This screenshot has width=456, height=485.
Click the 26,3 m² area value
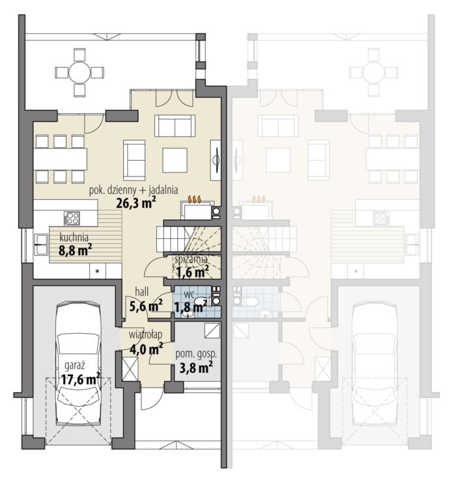135,203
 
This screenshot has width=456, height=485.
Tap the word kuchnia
74,238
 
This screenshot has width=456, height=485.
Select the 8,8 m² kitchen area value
75,250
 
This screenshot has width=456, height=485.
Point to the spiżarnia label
191,260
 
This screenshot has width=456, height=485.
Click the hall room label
142,292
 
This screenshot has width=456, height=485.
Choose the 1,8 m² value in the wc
190,307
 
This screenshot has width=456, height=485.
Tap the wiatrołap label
145,335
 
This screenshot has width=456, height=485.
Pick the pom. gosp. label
196,355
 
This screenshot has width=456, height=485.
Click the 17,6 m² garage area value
81,379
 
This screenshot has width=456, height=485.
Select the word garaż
75,366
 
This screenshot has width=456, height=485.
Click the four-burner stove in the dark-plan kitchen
72,218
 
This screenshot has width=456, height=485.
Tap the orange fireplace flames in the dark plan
195,199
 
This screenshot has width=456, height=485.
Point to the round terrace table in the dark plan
79,72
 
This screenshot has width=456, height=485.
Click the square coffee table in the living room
175,160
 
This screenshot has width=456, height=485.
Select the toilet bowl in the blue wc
201,301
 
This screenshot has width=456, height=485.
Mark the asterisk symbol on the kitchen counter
97,271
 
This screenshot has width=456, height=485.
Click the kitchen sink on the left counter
41,244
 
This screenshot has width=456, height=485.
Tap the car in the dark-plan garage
78,365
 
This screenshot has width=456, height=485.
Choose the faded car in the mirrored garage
375,365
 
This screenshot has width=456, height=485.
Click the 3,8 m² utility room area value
196,368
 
